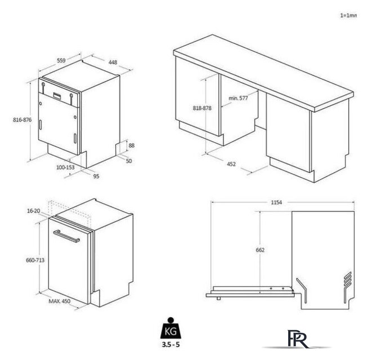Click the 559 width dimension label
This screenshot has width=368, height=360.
(x=61, y=60)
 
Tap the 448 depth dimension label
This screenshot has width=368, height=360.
(x=113, y=62)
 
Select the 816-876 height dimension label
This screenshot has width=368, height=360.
(x=23, y=120)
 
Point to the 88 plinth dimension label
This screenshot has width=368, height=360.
(x=132, y=146)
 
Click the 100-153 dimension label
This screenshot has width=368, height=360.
(x=65, y=167)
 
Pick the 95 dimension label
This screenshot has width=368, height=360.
(x=96, y=176)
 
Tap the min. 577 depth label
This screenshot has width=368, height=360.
(x=238, y=98)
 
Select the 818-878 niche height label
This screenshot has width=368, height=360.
(x=202, y=108)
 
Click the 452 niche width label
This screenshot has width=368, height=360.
(x=231, y=164)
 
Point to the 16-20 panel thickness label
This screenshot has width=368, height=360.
(x=34, y=211)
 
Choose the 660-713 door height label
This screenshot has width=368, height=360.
(x=35, y=260)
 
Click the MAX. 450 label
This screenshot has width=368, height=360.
(x=60, y=301)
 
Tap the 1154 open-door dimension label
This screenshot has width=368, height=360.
(x=276, y=202)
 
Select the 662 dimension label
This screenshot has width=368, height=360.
(x=260, y=250)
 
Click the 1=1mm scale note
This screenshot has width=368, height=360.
(x=348, y=16)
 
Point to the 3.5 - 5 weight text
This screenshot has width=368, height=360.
(x=170, y=344)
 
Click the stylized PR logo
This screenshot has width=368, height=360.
(x=297, y=339)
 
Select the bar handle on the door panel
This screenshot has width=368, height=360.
(x=66, y=236)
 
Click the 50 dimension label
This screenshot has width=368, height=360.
(x=129, y=161)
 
